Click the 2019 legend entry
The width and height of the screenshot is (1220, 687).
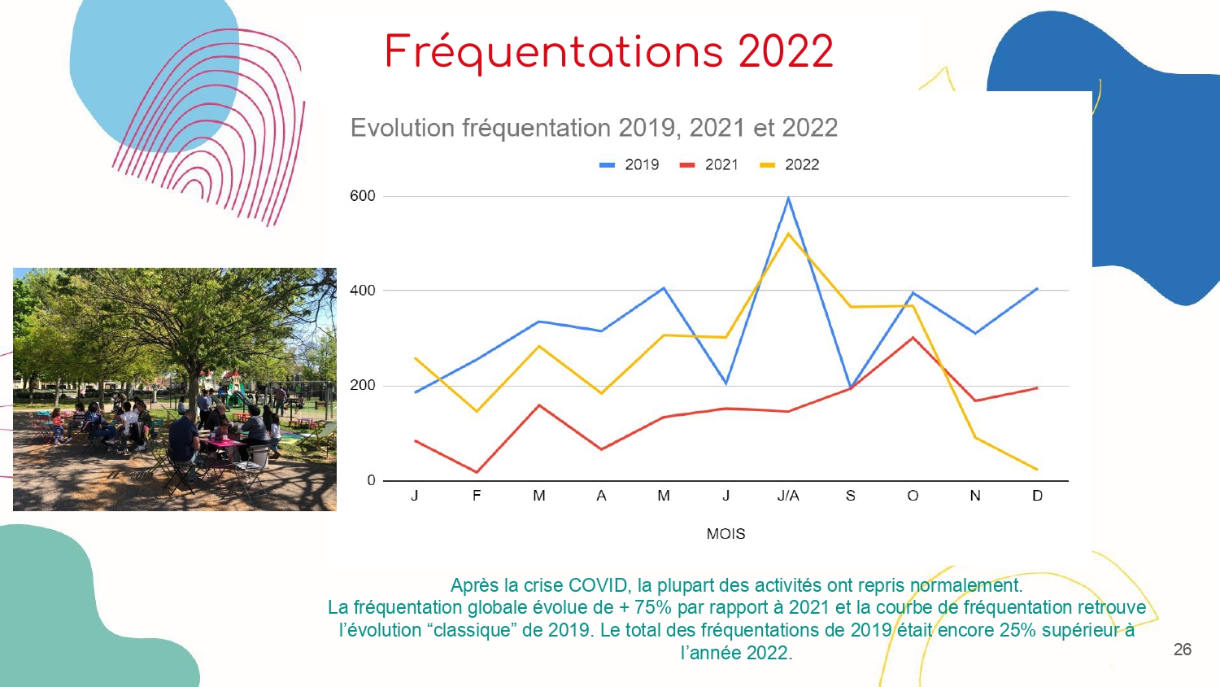coord(629,164)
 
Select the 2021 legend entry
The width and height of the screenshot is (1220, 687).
coord(708,164)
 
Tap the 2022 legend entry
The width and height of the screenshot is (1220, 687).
coord(789,164)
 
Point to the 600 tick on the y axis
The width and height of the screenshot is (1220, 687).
coord(362,195)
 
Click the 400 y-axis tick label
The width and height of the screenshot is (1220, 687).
coord(362,291)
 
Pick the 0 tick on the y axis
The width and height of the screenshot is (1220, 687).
coord(371,480)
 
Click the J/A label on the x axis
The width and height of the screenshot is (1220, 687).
coord(788,496)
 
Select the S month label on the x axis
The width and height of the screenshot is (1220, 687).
coord(850,496)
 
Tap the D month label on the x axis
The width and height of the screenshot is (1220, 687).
coord(1038,496)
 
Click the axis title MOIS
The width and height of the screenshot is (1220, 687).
coord(725,534)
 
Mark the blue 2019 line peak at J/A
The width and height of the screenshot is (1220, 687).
coord(788,197)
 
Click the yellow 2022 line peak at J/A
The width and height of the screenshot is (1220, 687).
coord(788,234)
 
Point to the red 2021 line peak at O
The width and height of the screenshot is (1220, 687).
coord(913,338)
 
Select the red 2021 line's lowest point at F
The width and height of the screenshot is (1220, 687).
coord(477,472)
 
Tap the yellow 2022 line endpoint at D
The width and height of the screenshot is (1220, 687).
coord(1037,470)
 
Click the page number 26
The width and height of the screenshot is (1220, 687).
coord(1183,650)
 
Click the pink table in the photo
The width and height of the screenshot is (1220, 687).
coord(224,443)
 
